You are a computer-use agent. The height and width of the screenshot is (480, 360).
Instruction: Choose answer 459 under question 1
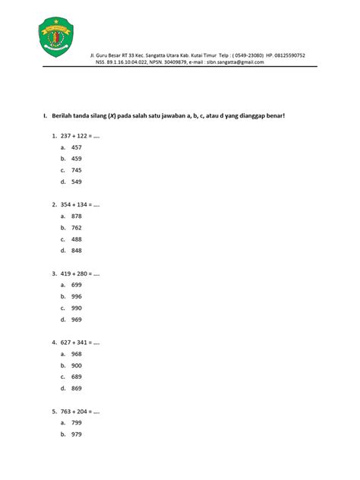click(x=76, y=159)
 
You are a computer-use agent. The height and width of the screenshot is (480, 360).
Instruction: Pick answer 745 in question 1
click(x=76, y=170)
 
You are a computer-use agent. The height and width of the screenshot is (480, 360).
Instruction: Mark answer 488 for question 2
click(x=76, y=238)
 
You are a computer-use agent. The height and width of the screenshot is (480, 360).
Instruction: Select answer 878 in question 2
click(x=76, y=216)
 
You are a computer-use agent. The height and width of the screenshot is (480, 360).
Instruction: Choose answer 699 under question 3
click(x=76, y=284)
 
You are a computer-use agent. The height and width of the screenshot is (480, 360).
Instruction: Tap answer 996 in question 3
click(x=76, y=296)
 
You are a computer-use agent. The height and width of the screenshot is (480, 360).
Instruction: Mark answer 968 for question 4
click(x=76, y=353)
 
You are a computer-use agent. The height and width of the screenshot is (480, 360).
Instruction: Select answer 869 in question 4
click(x=76, y=388)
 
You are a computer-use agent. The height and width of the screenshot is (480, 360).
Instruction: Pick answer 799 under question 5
click(x=76, y=422)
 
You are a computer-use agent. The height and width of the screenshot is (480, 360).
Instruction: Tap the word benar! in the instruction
click(x=282, y=115)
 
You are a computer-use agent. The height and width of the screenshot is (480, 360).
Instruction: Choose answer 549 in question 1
click(x=76, y=182)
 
